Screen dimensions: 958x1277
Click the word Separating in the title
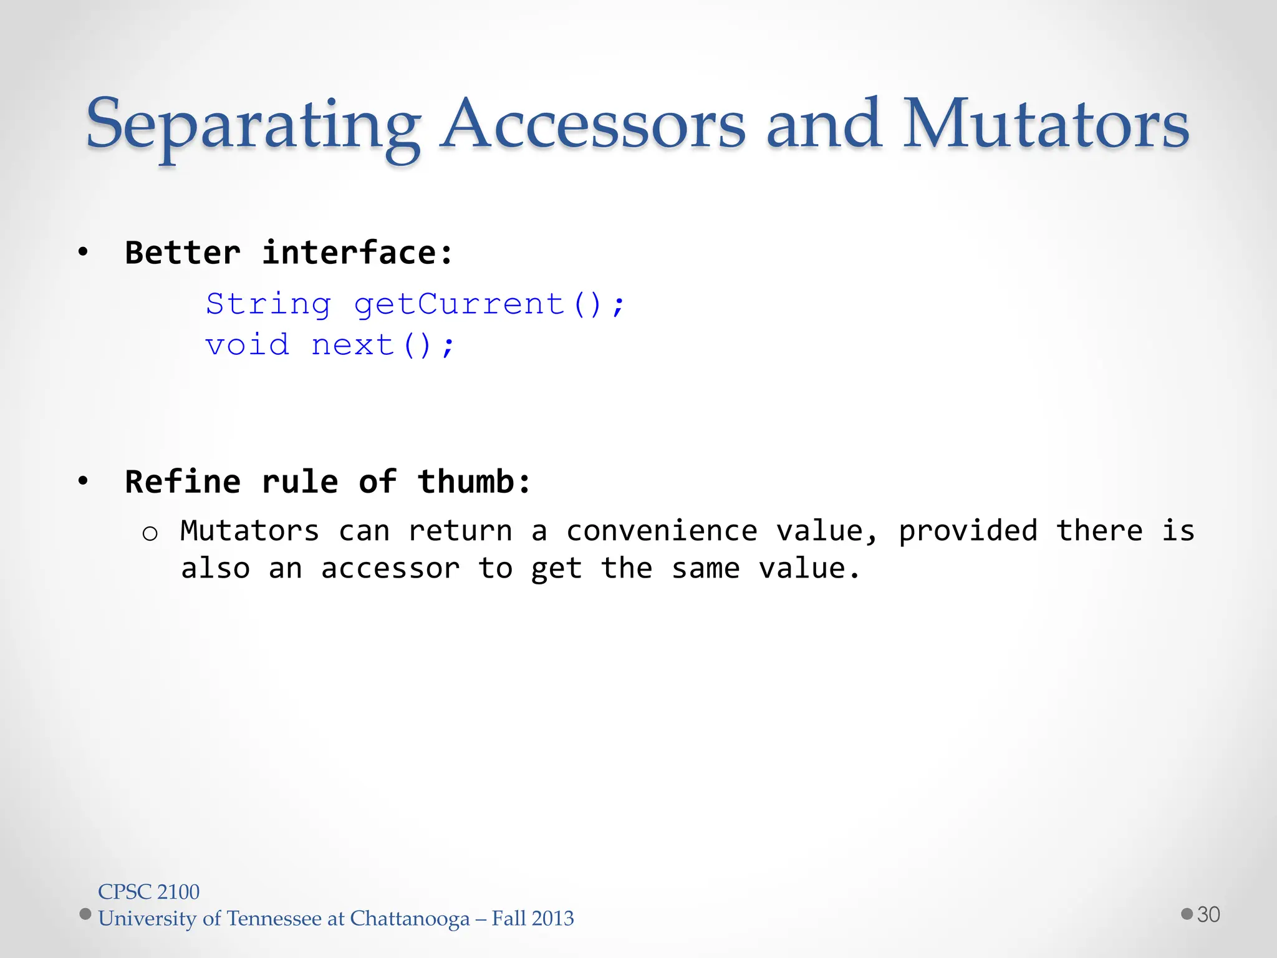point(253,125)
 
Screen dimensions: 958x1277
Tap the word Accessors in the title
point(592,125)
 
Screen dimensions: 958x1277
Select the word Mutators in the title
point(1046,125)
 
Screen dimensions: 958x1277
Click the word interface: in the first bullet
point(357,253)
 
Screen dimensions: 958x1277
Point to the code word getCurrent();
point(489,305)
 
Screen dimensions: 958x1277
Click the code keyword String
point(268,305)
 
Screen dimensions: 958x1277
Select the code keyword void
point(248,345)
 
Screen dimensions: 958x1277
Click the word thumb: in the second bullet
point(474,482)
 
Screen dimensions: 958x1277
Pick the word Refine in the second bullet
point(183,482)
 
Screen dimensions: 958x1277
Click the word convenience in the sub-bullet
point(662,531)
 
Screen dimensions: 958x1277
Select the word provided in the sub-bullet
point(968,531)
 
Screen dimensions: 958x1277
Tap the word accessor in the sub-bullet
point(390,569)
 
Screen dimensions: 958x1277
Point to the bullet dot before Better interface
point(83,253)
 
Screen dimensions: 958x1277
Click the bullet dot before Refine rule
point(83,481)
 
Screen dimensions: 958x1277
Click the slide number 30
point(1208,914)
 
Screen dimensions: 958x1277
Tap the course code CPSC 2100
point(148,892)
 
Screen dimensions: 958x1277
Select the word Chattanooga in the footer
point(410,919)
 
